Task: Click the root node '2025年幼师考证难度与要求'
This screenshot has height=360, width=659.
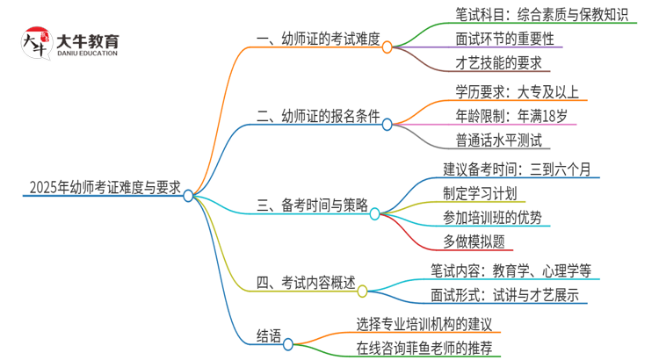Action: point(105,187)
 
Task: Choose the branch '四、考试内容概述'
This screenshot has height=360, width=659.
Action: point(306,283)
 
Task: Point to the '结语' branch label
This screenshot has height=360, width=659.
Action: point(269,335)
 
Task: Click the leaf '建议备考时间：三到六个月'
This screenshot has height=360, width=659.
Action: point(520,169)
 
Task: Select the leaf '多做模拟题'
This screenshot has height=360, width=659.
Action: point(474,240)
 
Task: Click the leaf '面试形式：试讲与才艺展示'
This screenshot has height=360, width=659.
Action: point(504,295)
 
